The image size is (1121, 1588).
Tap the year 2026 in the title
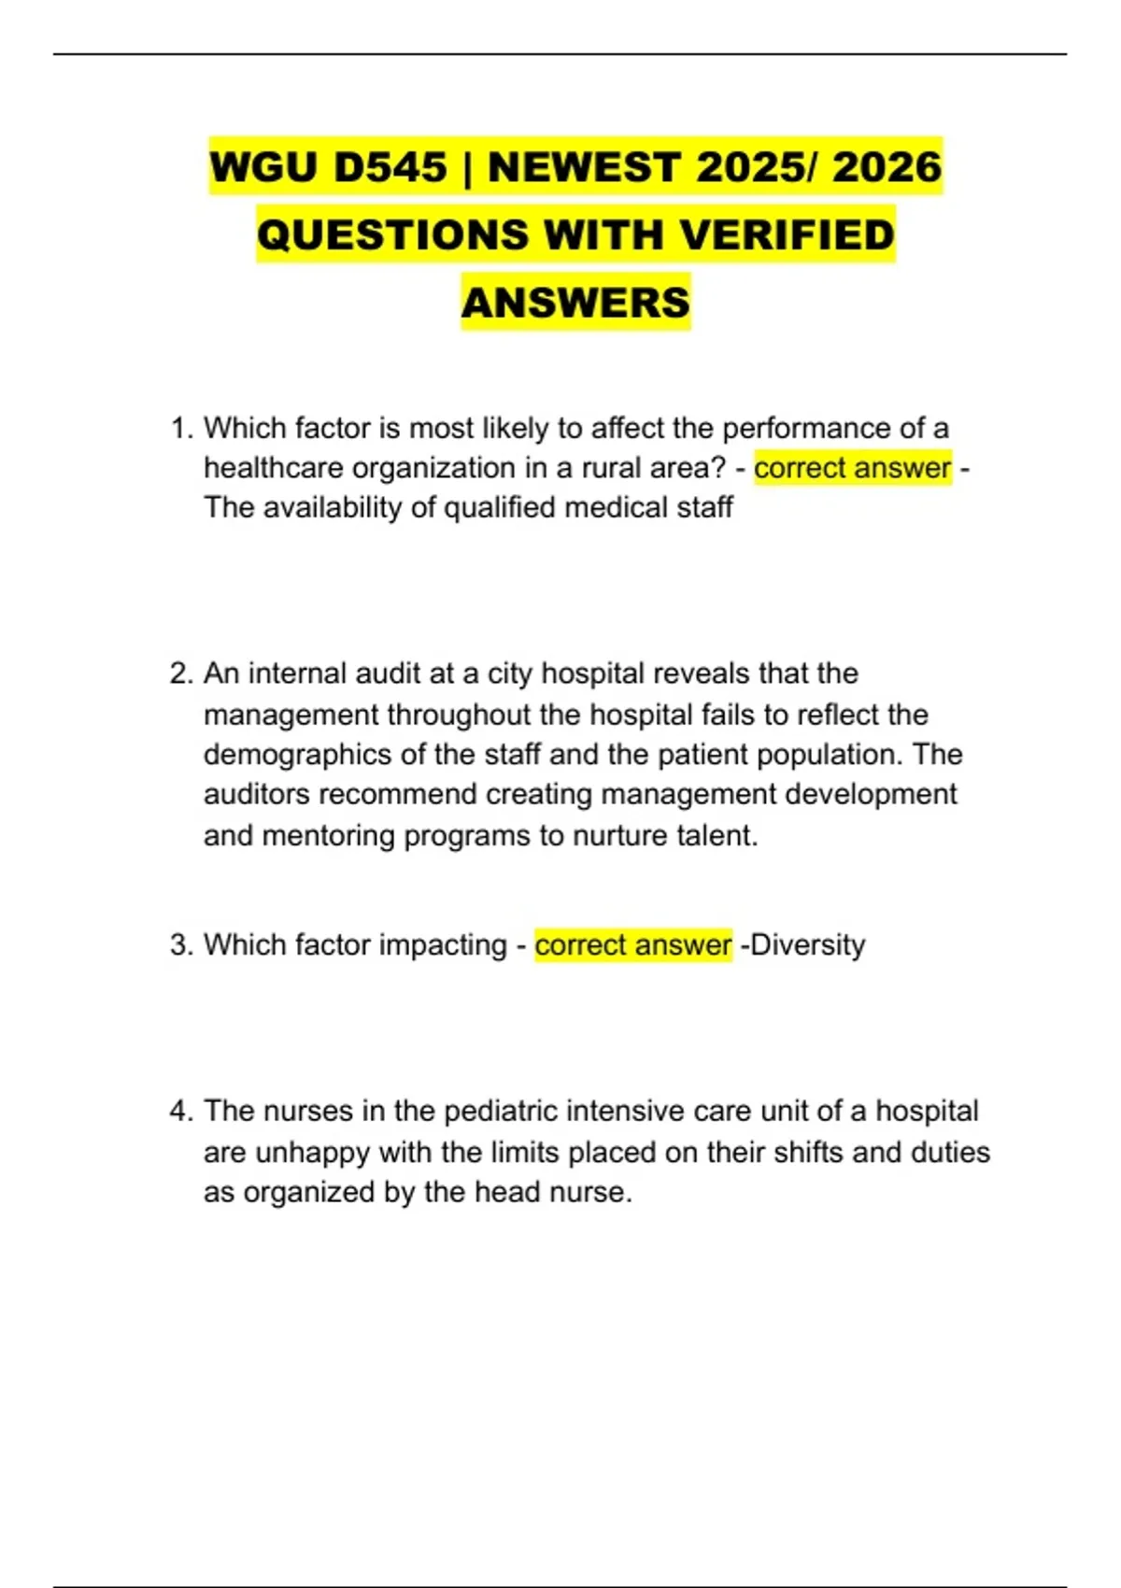click(x=887, y=167)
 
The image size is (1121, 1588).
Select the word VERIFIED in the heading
click(x=787, y=234)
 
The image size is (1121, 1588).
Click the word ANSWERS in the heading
click(x=575, y=303)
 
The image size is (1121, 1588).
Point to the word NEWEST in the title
click(x=584, y=167)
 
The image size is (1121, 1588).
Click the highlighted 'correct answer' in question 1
click(x=852, y=468)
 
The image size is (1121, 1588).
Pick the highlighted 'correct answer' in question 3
click(x=633, y=945)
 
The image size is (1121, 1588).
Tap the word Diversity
click(x=808, y=945)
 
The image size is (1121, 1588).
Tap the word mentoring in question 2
click(x=329, y=835)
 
